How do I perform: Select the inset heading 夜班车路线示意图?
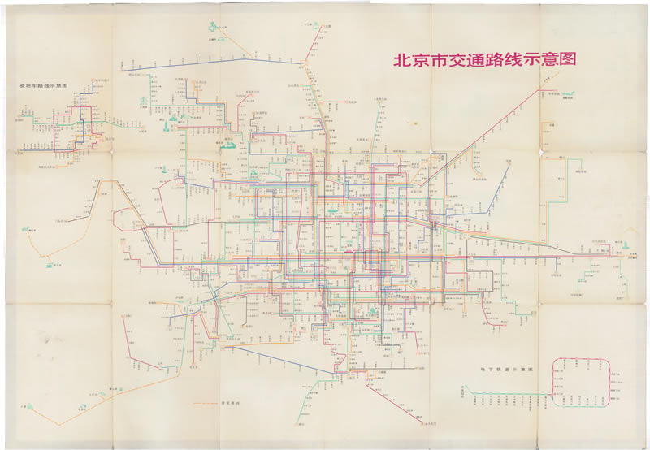pyautogui.click(x=43, y=84)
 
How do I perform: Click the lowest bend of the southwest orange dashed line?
pyautogui.click(x=57, y=424)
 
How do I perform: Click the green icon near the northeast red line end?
pyautogui.click(x=568, y=95)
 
